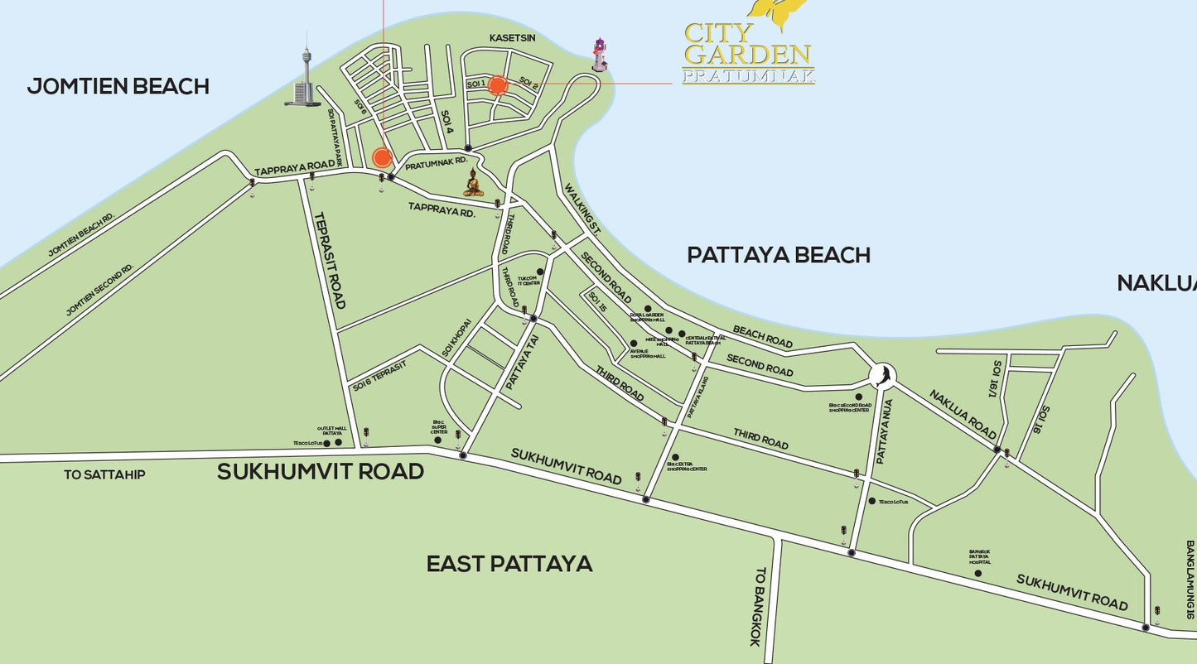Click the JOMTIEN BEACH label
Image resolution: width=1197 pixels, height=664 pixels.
point(118,86)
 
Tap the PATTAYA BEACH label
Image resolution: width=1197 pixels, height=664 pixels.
point(778,255)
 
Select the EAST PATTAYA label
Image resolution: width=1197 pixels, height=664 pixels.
point(509,564)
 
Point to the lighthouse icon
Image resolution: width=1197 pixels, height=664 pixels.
point(599,55)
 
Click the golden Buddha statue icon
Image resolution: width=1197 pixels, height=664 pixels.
point(473,182)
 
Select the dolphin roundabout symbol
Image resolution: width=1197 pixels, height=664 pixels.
point(883,377)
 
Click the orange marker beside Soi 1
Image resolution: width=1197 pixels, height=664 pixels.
point(497,85)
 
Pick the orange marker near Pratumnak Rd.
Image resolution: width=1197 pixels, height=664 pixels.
point(382,156)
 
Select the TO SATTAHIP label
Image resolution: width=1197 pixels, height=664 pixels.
point(104,475)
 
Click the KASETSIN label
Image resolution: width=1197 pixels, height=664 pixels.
point(512,38)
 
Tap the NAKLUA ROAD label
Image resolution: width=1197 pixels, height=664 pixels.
point(962,415)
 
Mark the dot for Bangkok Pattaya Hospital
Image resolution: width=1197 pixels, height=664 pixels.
point(977,573)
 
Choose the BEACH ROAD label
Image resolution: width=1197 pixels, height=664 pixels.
point(761,336)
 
